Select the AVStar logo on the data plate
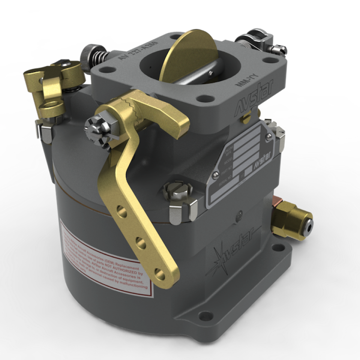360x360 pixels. click(252, 166)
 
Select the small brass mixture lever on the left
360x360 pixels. click(49, 90)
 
